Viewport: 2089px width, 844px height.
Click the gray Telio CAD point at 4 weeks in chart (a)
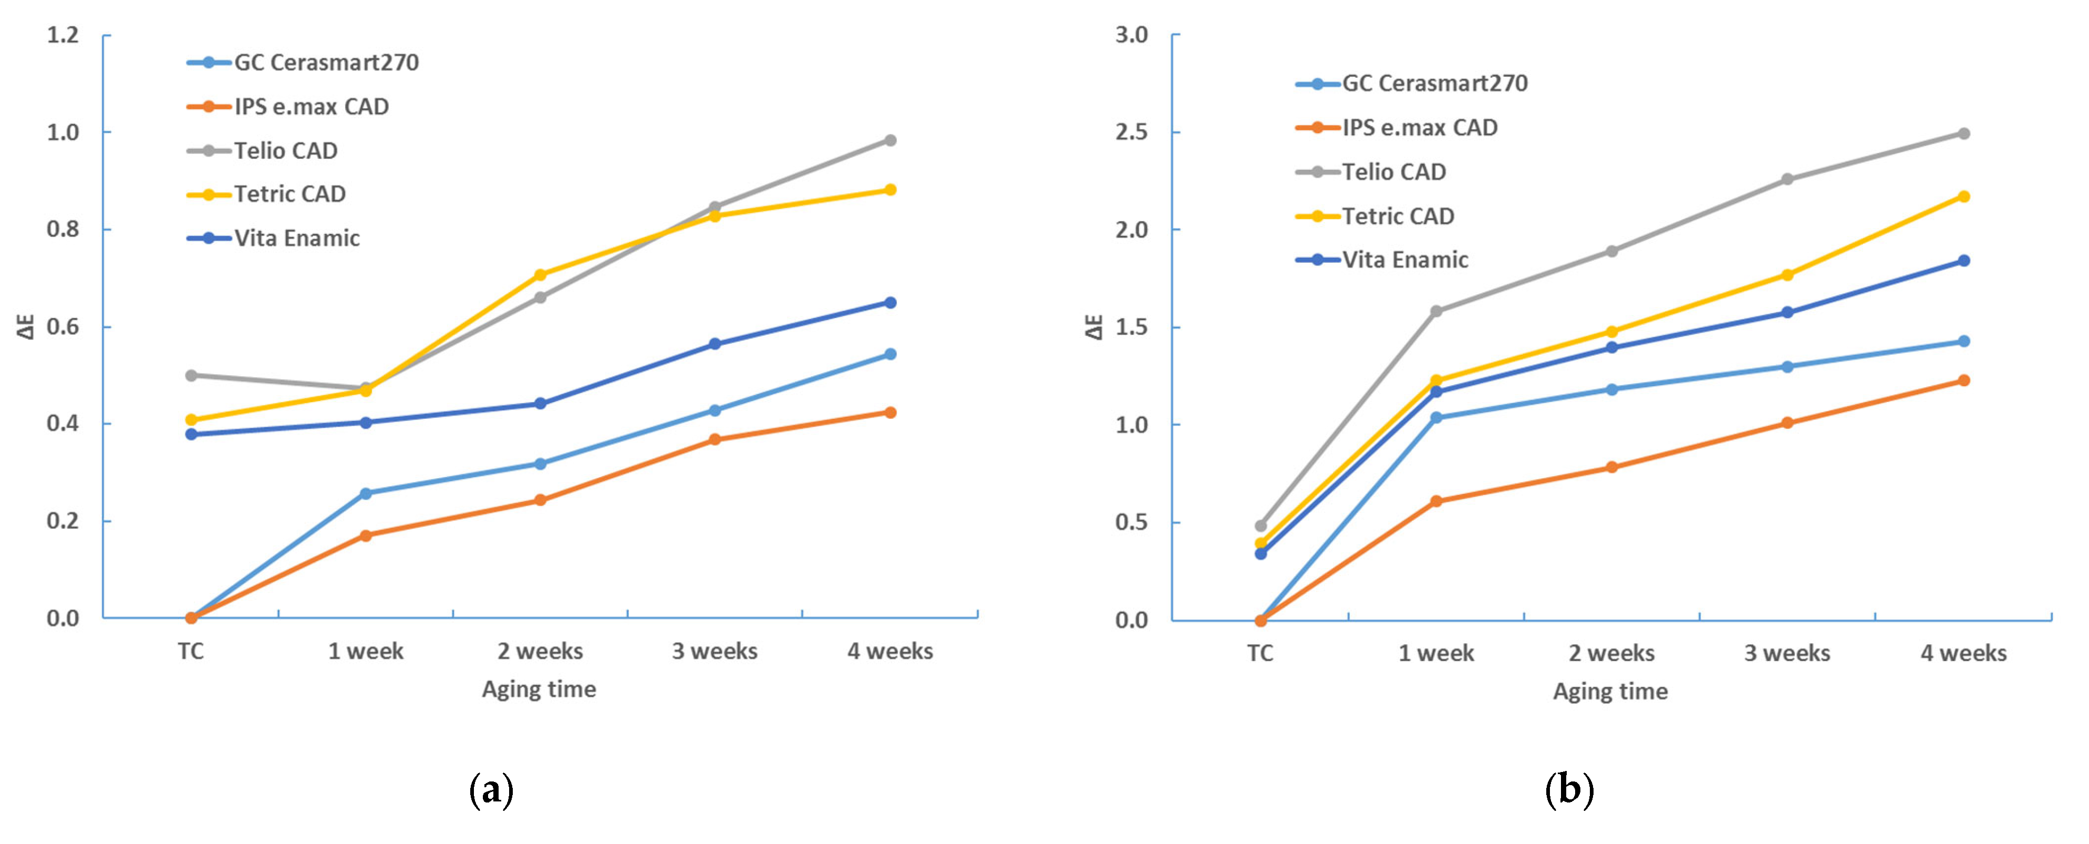point(890,140)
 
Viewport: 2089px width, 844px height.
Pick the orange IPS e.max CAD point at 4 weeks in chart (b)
point(1963,380)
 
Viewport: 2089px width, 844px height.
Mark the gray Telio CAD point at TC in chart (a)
point(191,375)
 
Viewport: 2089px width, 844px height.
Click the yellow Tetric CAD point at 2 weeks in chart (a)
point(540,275)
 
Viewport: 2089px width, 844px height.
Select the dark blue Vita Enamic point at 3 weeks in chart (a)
point(715,344)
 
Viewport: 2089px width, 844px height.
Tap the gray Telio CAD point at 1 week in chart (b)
point(1436,311)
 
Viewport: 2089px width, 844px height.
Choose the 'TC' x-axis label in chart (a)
point(191,651)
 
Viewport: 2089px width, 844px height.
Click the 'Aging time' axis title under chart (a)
point(539,689)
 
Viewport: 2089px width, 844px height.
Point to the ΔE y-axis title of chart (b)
point(1095,327)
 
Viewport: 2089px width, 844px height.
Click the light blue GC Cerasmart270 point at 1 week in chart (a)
point(366,493)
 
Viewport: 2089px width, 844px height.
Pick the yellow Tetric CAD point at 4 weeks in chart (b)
point(1963,196)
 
